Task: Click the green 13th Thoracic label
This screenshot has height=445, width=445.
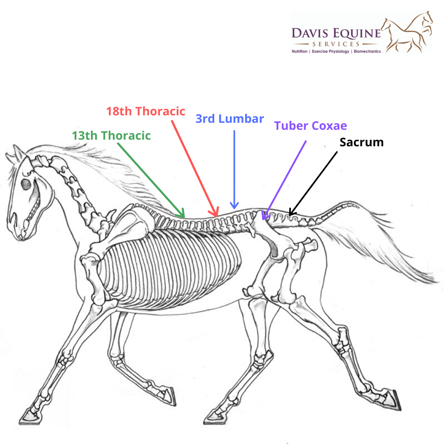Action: click(111, 135)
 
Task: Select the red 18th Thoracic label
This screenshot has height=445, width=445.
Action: click(145, 111)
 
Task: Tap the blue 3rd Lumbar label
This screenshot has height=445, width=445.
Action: click(230, 119)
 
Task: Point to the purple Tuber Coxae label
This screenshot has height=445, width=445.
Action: click(311, 126)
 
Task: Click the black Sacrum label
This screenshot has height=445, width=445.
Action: click(361, 143)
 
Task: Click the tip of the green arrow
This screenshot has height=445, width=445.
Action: click(184, 216)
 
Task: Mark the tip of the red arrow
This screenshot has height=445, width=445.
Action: click(217, 215)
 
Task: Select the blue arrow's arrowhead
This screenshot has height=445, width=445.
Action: click(234, 207)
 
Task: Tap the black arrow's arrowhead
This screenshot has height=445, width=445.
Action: click(290, 214)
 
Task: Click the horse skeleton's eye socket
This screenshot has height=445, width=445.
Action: click(26, 184)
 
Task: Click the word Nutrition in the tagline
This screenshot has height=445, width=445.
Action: click(300, 52)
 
